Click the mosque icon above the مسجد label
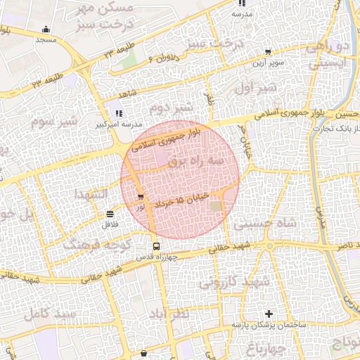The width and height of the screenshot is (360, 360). (46, 30)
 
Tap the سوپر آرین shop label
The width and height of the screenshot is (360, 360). (268, 62)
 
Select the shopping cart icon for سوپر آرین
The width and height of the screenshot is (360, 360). (268, 51)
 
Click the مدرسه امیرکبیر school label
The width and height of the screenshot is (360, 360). (115, 124)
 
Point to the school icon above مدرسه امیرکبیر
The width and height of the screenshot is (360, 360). (118, 113)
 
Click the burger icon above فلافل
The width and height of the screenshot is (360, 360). (110, 214)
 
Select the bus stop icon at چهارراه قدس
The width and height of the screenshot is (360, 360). (156, 246)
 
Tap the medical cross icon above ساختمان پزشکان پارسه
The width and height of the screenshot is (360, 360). (268, 313)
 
